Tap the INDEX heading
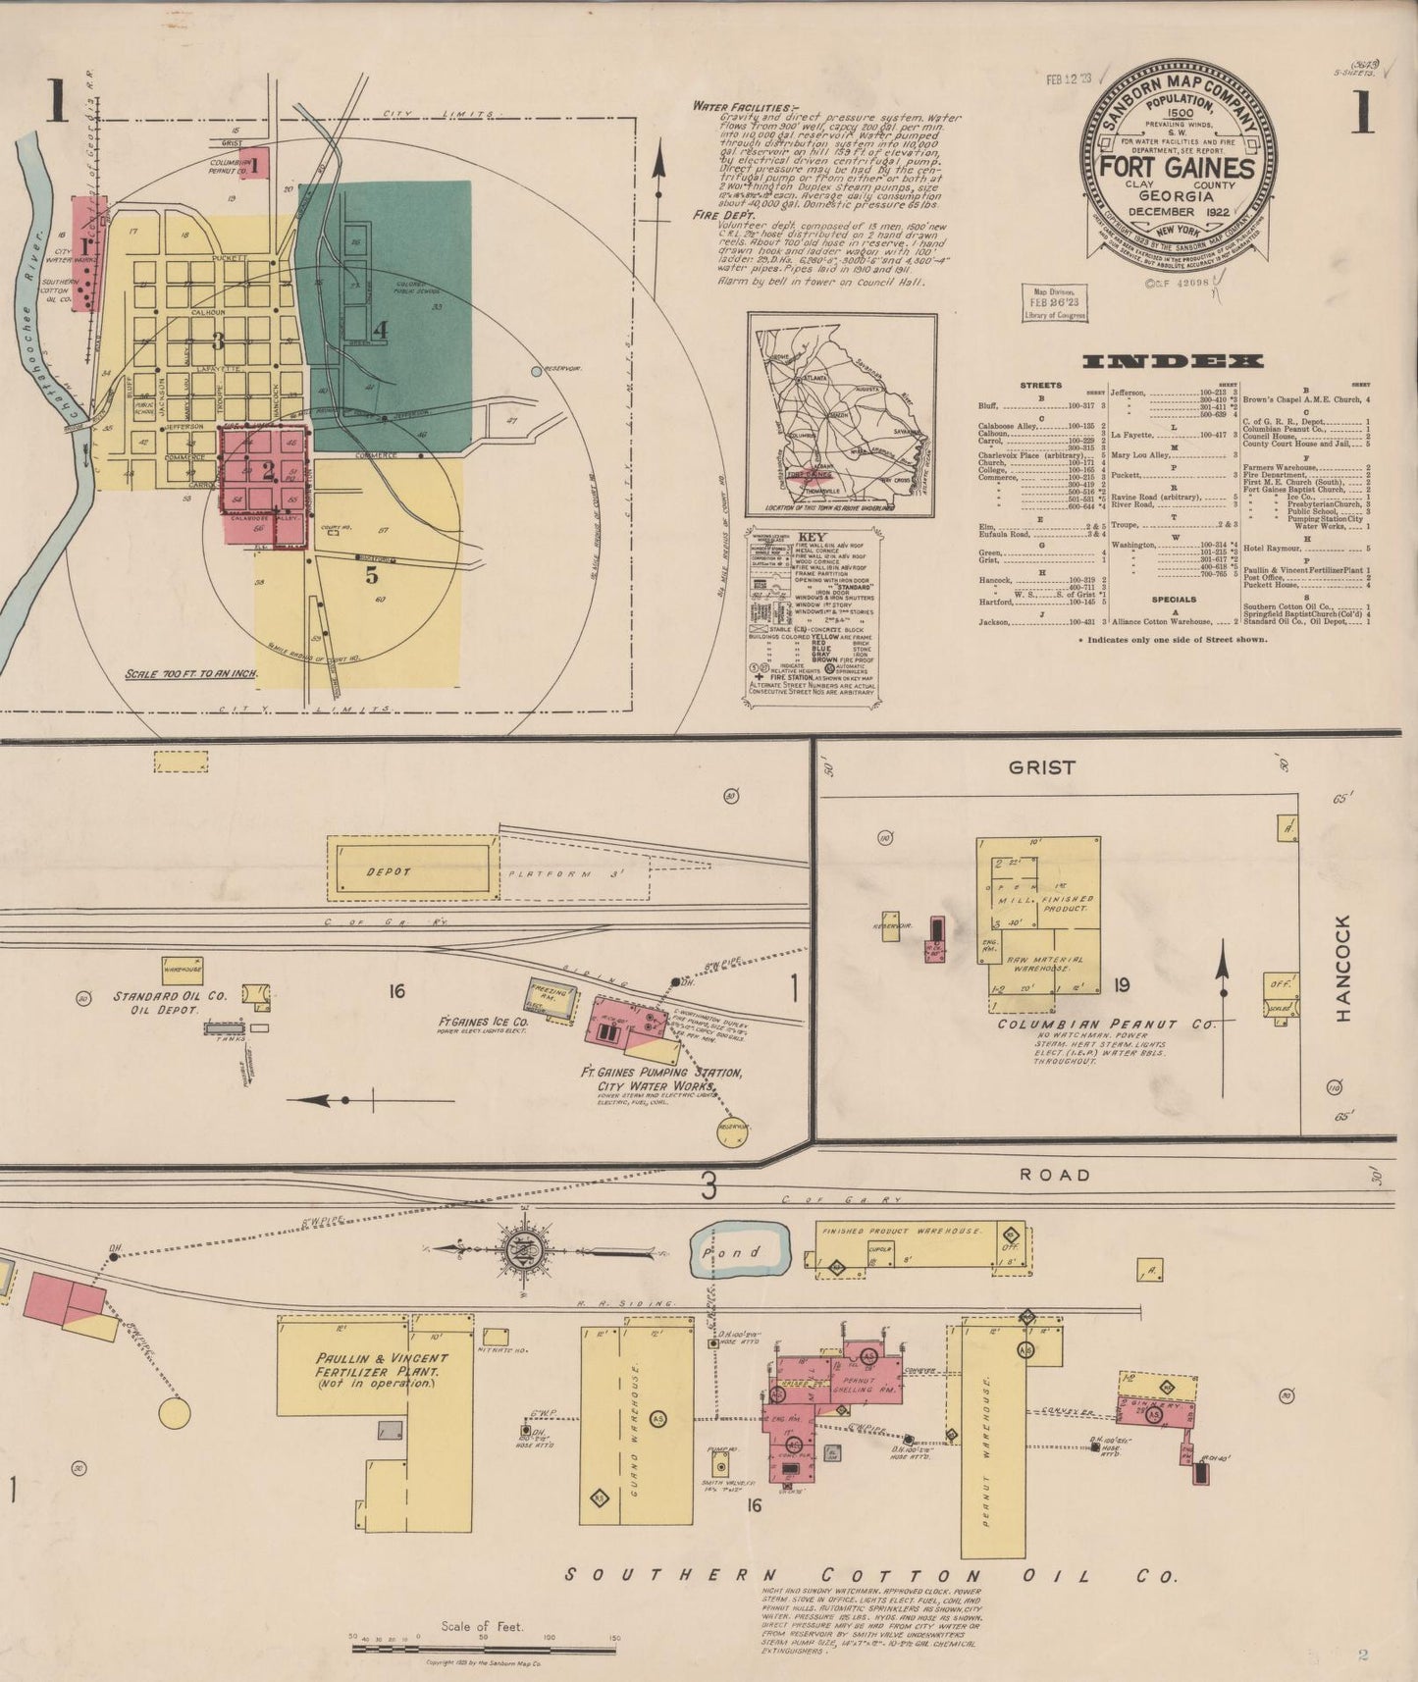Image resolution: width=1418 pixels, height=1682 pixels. pos(1172,362)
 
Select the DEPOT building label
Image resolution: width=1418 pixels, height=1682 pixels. pos(389,871)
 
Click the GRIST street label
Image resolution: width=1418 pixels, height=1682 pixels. pos(1042,767)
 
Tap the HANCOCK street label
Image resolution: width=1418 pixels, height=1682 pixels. pos(1343,968)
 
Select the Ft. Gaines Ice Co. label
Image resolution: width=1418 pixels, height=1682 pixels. pos(483,1023)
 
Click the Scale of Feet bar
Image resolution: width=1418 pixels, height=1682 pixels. pos(485,1650)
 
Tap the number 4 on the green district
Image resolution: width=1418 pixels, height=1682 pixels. pos(380,330)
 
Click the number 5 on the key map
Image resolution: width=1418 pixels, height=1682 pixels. pos(371,575)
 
